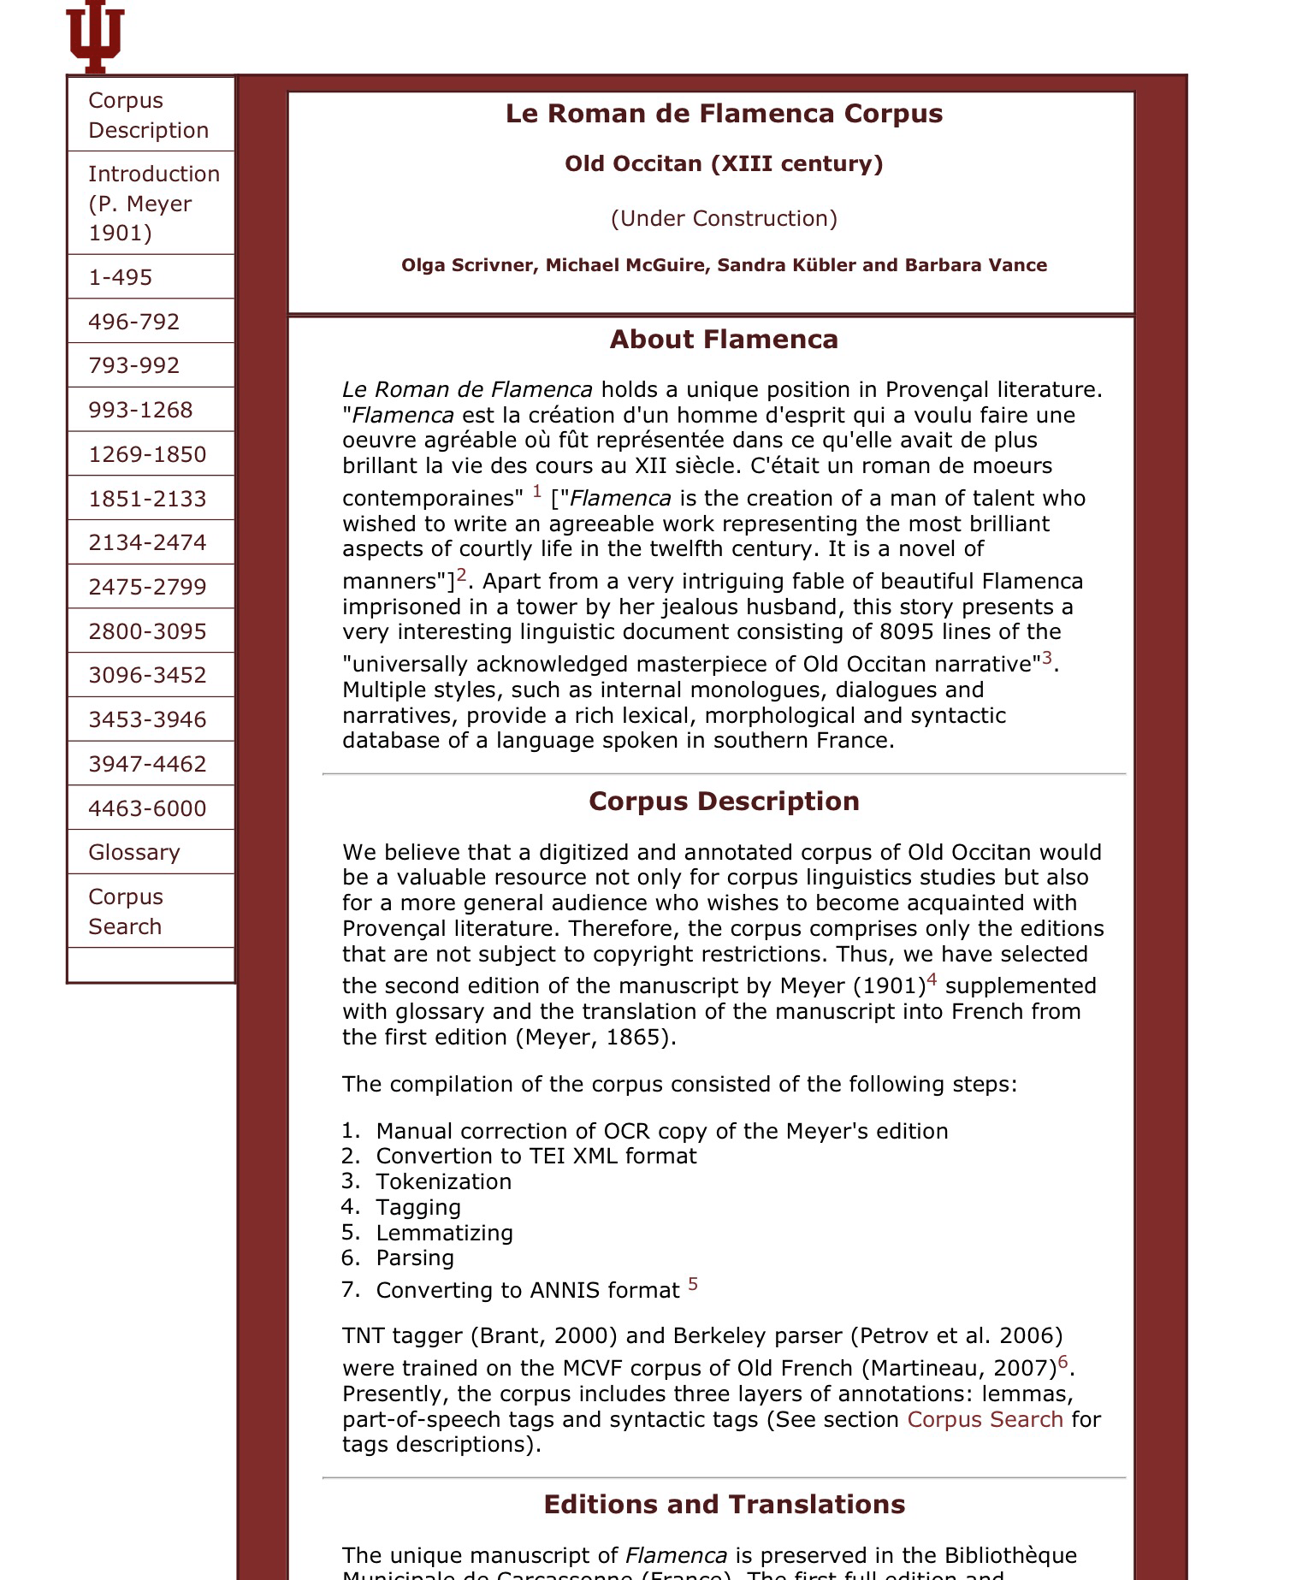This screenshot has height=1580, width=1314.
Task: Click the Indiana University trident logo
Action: pos(95,36)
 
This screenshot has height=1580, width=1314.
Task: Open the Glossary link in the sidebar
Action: pos(134,852)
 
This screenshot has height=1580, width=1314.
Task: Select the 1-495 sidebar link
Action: pos(120,277)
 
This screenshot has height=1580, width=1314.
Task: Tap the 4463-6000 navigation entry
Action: pos(147,808)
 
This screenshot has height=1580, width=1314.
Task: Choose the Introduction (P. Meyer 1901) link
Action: pos(153,204)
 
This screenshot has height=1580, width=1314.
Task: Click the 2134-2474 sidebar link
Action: pos(147,542)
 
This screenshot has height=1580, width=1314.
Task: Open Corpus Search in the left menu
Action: pos(125,911)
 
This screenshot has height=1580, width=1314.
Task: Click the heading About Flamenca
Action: pos(724,340)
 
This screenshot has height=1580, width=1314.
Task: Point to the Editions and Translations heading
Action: pos(724,1505)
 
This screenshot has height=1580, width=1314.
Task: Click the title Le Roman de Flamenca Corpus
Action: pos(724,114)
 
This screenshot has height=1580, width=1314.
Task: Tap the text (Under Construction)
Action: pos(724,218)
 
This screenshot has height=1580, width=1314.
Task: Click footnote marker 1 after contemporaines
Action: pos(537,491)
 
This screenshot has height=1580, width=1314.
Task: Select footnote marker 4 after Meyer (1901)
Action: pos(932,979)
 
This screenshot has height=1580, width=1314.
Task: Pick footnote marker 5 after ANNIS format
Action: pos(693,1283)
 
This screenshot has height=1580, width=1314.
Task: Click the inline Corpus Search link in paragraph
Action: pos(985,1419)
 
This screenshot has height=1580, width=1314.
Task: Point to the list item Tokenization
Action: pos(443,1181)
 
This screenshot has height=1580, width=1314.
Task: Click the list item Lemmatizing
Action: pos(444,1233)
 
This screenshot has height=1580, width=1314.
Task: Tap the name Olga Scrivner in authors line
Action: pos(467,265)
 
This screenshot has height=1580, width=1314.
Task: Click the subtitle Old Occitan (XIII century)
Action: pos(724,163)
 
